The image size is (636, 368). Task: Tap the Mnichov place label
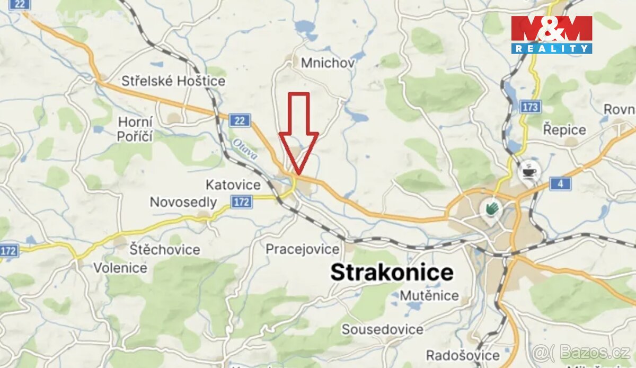tap(328, 63)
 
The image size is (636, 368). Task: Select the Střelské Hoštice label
tap(173, 81)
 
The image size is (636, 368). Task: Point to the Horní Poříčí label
tap(135, 129)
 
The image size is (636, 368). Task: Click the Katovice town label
tap(233, 185)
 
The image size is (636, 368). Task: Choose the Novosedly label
tap(183, 202)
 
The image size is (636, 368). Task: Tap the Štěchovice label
tap(165, 249)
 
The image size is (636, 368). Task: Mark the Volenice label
tap(120, 268)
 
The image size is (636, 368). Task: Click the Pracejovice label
tap(302, 249)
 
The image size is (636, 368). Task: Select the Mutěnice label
tap(429, 295)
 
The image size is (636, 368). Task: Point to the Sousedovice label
tap(382, 329)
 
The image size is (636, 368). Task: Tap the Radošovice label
tap(463, 355)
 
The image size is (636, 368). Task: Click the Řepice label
tap(564, 129)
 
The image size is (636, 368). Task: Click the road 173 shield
tap(529, 107)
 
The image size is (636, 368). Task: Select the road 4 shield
tap(560, 184)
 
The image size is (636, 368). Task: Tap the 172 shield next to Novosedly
tap(241, 201)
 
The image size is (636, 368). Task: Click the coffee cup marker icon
tap(528, 171)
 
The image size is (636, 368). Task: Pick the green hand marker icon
tap(491, 207)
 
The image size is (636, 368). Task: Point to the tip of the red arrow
tap(298, 173)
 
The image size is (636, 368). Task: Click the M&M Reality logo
tap(551, 34)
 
